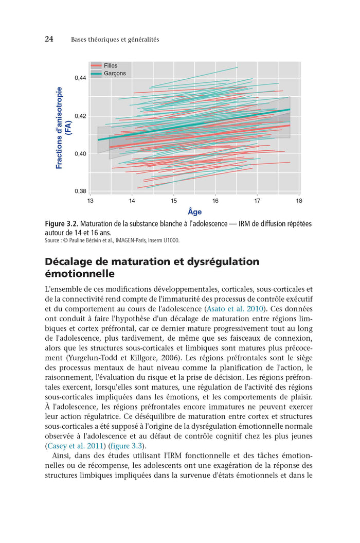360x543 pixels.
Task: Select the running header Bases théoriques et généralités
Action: [115, 40]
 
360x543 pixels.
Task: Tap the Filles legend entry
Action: [110, 66]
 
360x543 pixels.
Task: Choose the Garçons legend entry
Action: [114, 74]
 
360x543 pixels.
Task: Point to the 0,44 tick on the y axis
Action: [80, 78]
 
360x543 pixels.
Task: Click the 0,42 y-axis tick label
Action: [80, 116]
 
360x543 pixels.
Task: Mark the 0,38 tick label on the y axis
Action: [80, 191]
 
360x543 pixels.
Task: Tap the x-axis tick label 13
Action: [91, 200]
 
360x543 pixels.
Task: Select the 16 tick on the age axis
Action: [215, 200]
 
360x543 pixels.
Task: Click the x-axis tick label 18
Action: [299, 200]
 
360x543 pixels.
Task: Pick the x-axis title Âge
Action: [194, 212]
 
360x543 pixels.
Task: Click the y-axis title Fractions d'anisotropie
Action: [59, 128]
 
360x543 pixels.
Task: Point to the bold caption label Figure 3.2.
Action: [62, 224]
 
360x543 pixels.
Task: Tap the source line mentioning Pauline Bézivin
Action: [112, 240]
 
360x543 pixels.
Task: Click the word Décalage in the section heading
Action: [71, 261]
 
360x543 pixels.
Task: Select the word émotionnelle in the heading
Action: [79, 274]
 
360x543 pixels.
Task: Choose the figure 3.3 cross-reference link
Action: [124, 446]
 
